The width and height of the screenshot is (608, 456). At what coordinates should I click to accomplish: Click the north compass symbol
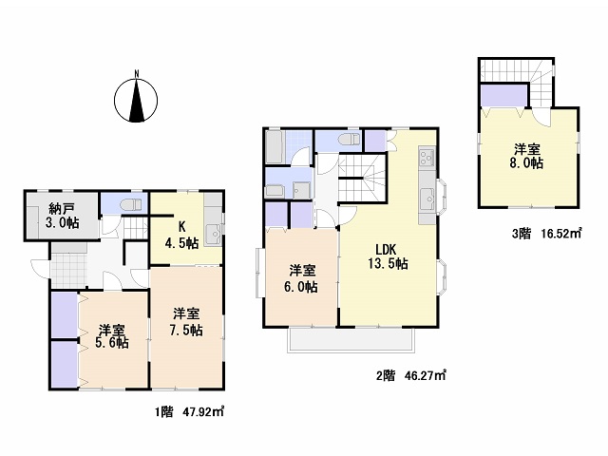click(136, 99)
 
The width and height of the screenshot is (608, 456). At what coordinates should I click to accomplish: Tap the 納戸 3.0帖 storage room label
click(64, 216)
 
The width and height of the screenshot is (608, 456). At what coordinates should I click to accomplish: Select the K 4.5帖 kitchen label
click(181, 236)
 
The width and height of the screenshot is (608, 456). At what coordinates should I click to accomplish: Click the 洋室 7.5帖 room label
click(186, 322)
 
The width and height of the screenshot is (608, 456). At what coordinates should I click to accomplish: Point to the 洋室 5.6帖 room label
click(112, 335)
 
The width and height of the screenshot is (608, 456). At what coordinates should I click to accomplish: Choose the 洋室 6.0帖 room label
click(301, 279)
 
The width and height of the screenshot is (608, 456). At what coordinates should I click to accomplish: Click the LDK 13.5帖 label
click(388, 256)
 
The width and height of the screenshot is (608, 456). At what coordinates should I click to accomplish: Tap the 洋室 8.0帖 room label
click(526, 156)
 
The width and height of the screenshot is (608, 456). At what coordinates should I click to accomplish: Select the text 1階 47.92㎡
click(190, 411)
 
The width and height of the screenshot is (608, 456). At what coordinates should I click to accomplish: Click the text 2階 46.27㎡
click(411, 375)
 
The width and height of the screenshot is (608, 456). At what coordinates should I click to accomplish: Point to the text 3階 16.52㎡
click(547, 233)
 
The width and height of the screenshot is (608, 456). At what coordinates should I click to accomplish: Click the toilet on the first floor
click(131, 204)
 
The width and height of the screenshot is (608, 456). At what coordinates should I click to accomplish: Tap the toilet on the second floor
click(349, 140)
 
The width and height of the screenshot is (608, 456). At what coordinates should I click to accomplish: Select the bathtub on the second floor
click(275, 147)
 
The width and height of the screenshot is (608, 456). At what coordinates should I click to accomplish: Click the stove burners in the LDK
click(427, 158)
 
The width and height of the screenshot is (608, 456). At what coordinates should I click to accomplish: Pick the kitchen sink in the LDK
click(428, 199)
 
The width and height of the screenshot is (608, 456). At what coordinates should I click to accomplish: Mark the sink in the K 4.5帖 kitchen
click(213, 235)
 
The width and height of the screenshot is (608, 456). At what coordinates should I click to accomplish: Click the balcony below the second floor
click(351, 340)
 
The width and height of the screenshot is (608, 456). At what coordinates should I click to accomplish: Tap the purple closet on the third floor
click(503, 95)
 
